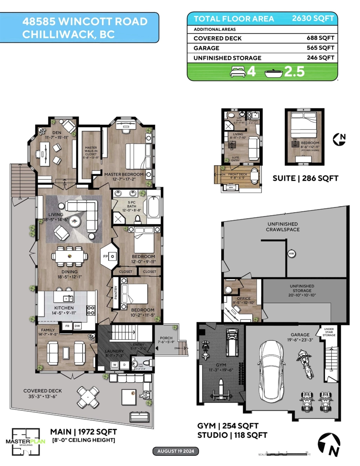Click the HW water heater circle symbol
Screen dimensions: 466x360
[x=291, y=254]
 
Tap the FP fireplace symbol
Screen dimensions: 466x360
[x=111, y=256]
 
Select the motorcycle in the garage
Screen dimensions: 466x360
[x=304, y=362]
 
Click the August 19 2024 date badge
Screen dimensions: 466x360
[x=176, y=451]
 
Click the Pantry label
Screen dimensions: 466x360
[x=116, y=293]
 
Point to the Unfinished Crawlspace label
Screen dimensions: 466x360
[x=282, y=226]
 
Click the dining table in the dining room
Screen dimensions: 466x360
[x=70, y=256]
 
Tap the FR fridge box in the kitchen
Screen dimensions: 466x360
[x=68, y=326]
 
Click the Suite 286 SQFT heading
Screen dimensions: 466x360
[x=305, y=178]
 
